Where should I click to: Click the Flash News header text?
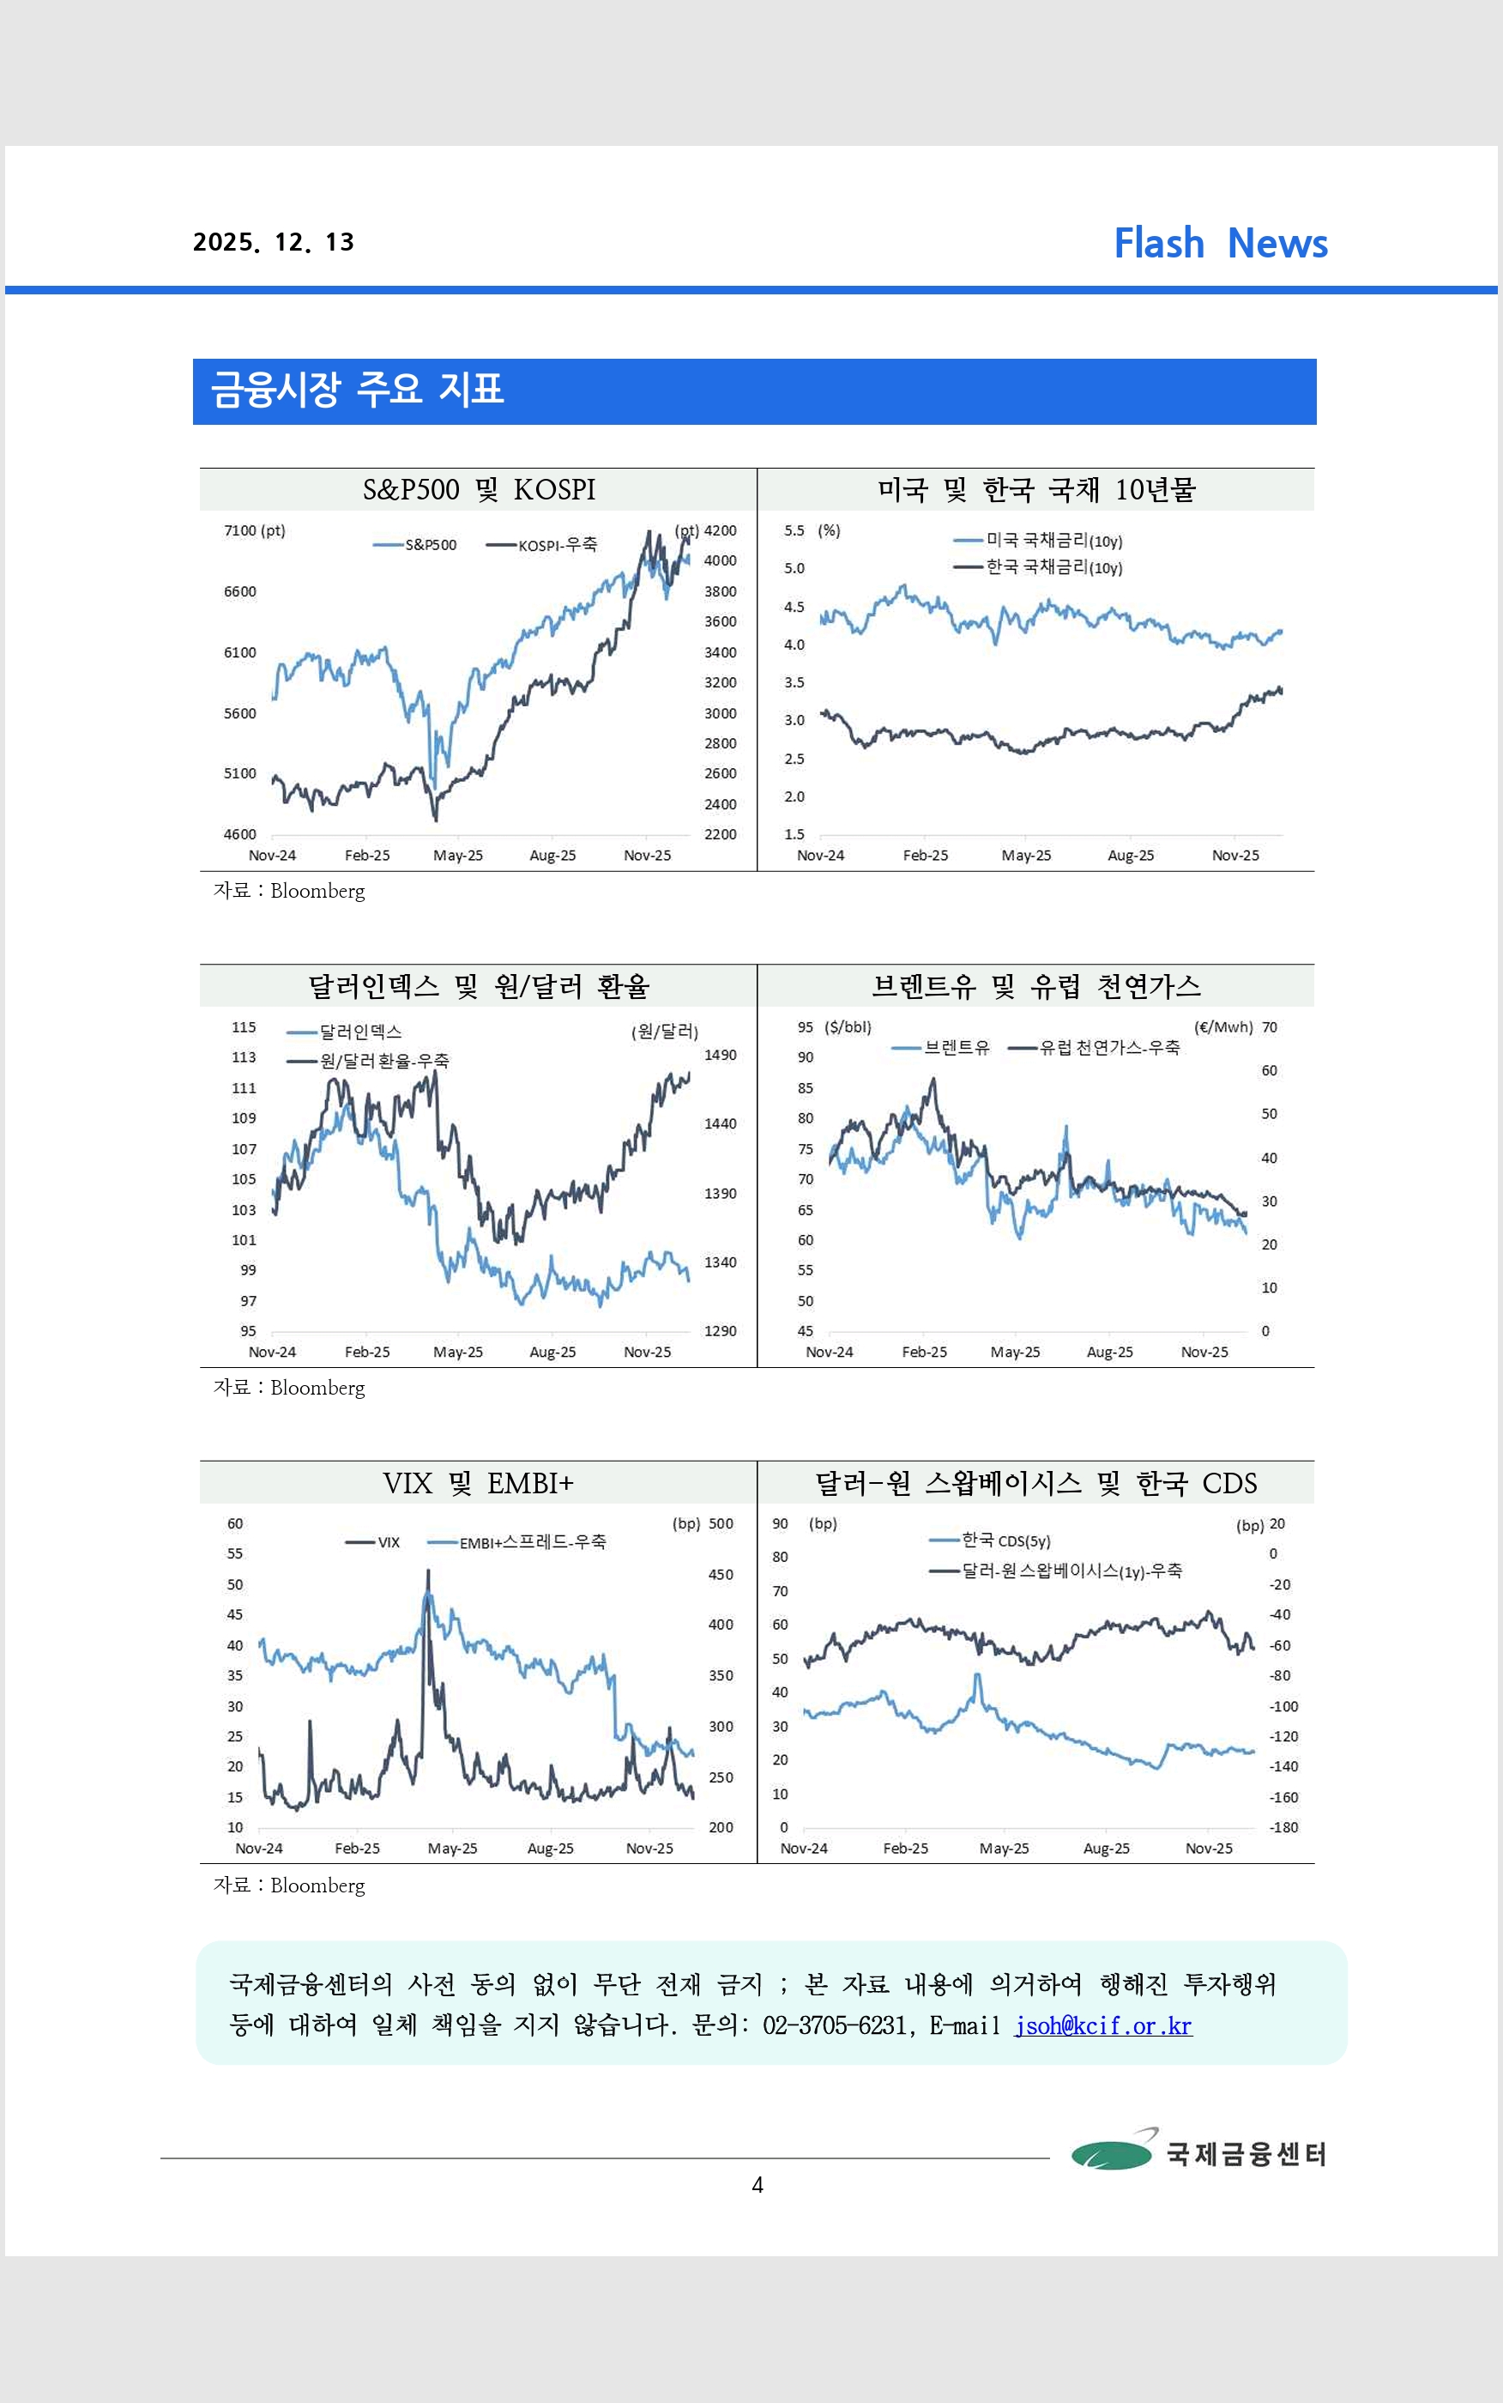click(1220, 244)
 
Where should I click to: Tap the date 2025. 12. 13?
click(274, 243)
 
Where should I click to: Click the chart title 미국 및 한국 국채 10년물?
click(1035, 490)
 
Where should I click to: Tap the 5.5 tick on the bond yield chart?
click(794, 531)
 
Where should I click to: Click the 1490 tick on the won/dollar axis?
click(720, 1055)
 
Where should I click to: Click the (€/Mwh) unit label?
click(1222, 1027)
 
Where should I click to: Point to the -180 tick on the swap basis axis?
click(1283, 1827)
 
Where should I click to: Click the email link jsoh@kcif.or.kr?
click(1102, 2026)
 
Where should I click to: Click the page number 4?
click(758, 2184)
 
